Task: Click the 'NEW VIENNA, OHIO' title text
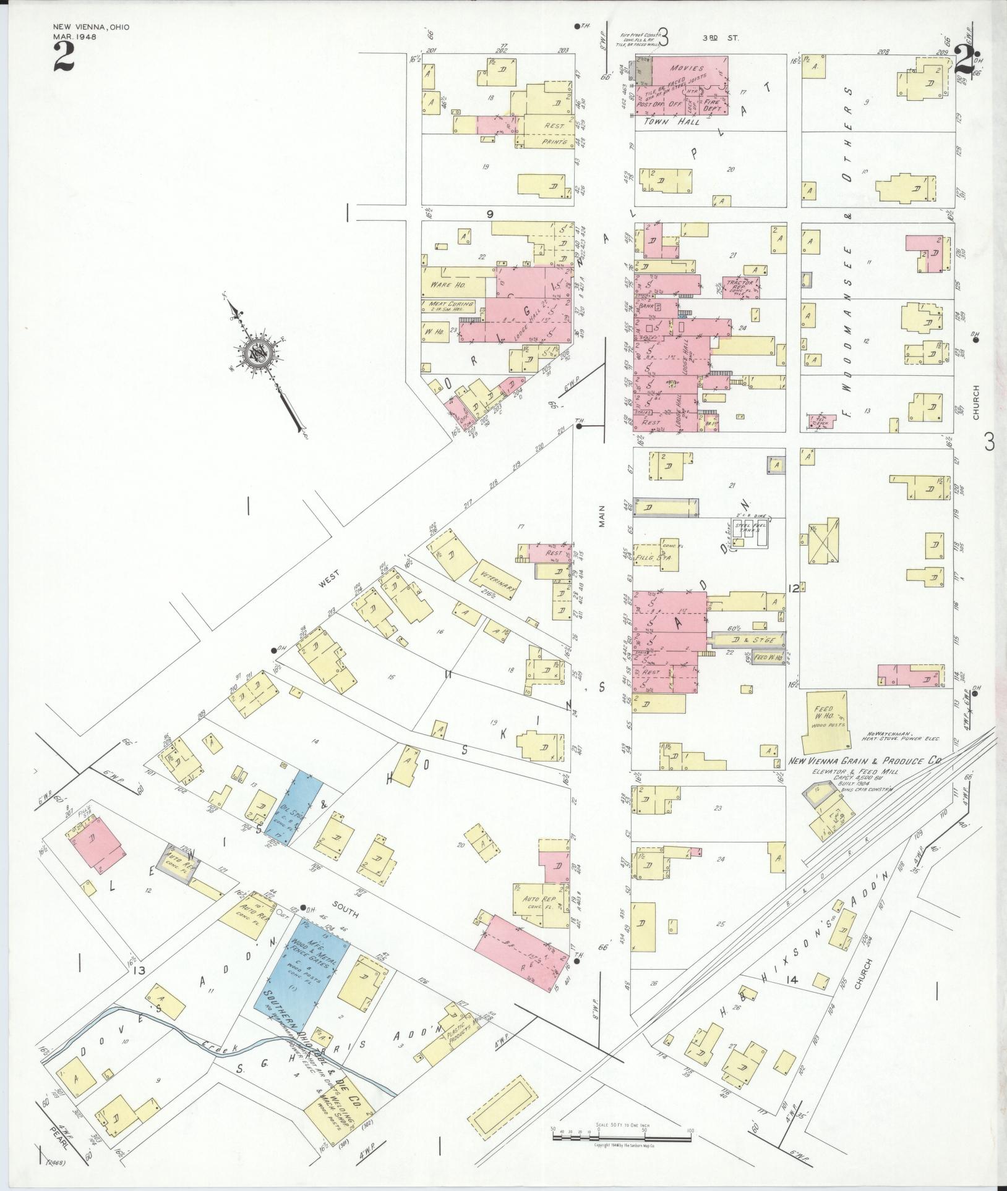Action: (91, 27)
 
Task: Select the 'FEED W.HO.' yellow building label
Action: (825, 714)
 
